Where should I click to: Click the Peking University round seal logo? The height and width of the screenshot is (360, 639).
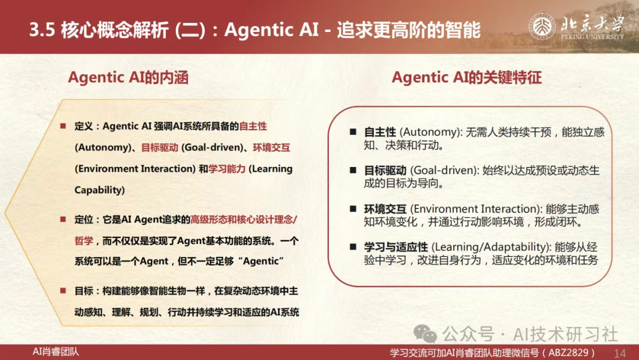tap(542, 27)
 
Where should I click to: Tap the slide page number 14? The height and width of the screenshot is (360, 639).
tap(619, 353)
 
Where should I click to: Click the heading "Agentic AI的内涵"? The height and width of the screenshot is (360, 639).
tap(128, 78)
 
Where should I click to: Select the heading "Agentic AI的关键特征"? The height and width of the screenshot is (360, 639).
tap(467, 78)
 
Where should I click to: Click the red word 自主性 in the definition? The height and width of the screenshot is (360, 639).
tap(253, 126)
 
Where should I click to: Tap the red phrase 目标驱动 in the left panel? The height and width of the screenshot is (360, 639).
tap(160, 147)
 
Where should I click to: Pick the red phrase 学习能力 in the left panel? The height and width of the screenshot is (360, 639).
tap(227, 169)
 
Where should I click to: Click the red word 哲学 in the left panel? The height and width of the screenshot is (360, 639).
tap(84, 241)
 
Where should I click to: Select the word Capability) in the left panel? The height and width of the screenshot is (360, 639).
tap(99, 190)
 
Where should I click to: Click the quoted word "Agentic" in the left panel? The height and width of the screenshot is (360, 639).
tap(263, 261)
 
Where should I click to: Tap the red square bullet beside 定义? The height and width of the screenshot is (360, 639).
tap(63, 126)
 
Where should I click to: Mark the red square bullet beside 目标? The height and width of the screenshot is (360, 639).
tap(63, 291)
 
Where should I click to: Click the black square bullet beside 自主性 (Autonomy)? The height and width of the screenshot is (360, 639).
tap(353, 131)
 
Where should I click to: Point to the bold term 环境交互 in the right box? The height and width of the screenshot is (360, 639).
tap(385, 209)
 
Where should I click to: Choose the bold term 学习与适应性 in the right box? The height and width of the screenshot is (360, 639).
tap(396, 247)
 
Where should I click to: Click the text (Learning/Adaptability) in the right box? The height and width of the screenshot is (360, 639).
tap(492, 247)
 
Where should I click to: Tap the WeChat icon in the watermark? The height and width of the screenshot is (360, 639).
tap(425, 334)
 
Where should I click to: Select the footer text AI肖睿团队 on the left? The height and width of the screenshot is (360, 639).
tap(56, 352)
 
